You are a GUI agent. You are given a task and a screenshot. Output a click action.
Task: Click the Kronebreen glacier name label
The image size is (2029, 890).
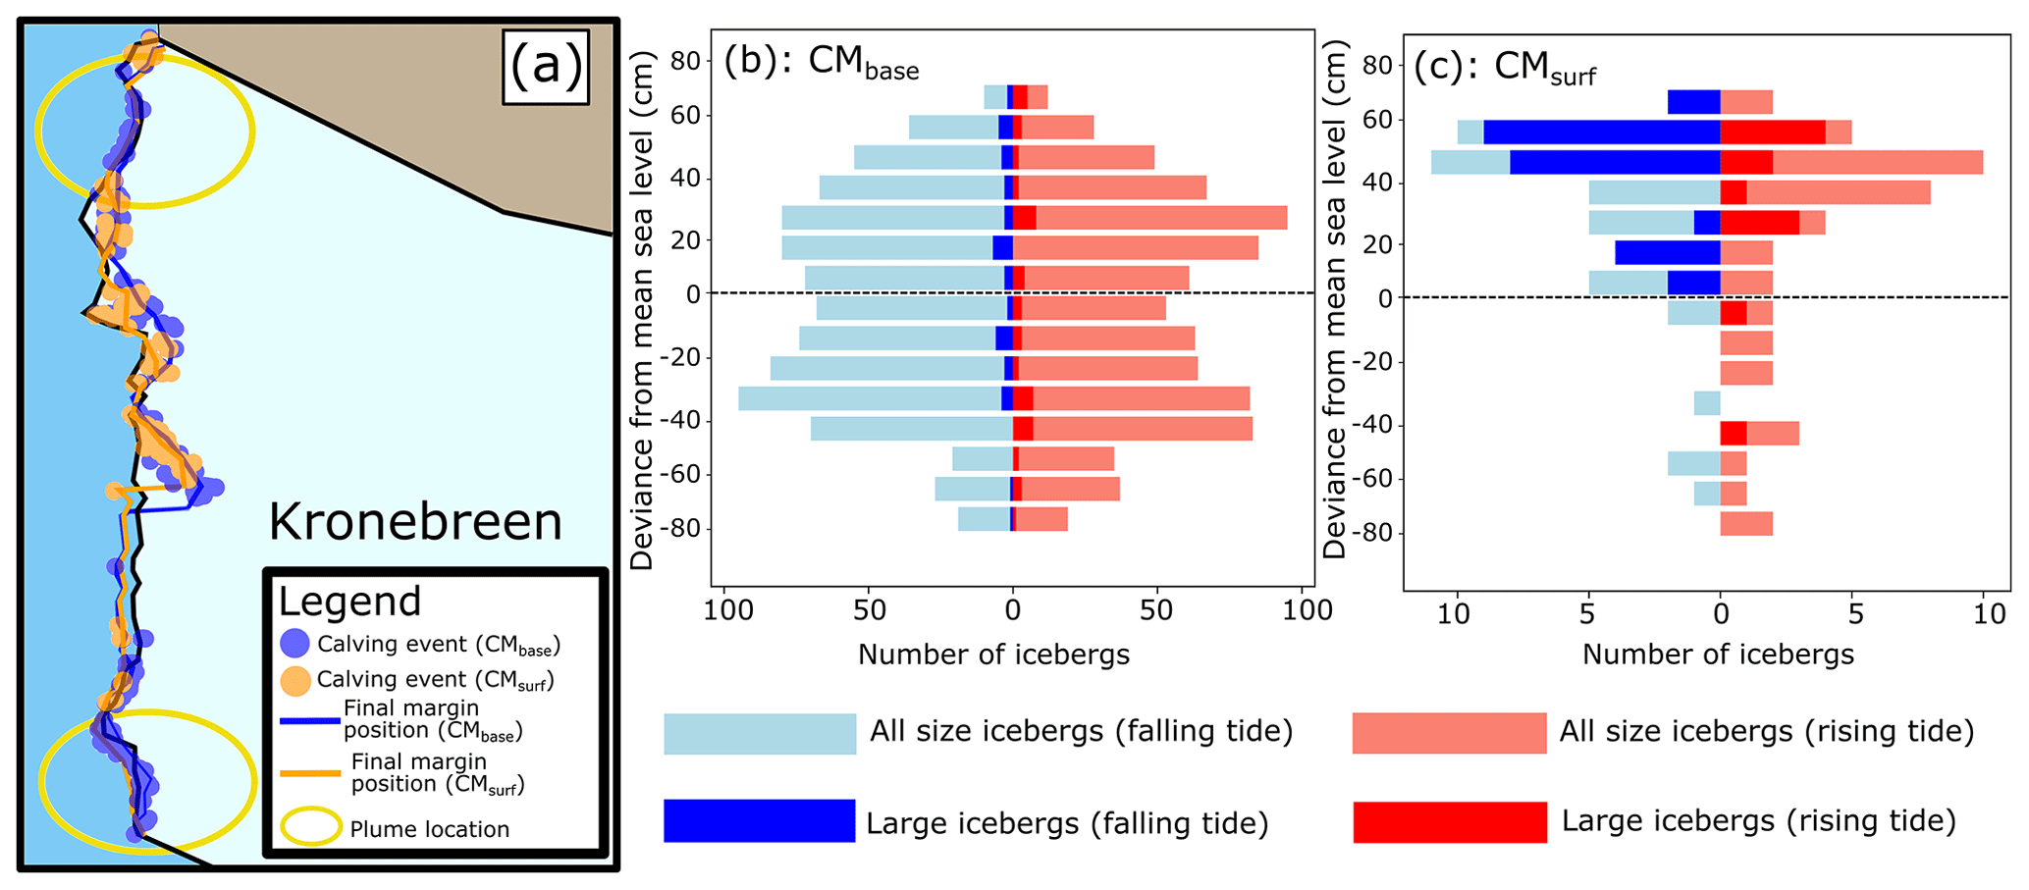415,522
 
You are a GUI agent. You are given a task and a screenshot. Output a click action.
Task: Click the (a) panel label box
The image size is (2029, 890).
546,67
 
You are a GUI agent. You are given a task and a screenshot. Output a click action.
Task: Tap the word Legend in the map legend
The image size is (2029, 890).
349,602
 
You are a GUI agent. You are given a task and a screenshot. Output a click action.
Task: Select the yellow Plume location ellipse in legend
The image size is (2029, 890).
311,827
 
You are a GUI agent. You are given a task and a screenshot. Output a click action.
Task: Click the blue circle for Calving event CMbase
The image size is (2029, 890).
294,644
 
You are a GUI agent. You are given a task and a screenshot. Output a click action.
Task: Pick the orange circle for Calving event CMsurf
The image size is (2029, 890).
294,679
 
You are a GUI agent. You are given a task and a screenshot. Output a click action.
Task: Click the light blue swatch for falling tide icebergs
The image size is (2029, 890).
759,733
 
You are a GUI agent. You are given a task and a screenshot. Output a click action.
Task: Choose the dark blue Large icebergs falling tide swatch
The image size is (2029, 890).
759,820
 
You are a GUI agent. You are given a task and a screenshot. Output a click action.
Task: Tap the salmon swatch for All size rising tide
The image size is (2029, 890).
1449,733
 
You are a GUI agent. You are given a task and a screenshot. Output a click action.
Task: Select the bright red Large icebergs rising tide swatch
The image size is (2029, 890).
1449,821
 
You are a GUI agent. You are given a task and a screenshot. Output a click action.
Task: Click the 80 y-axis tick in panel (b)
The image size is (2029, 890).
686,61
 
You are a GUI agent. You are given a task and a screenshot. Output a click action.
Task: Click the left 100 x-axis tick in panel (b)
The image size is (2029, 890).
728,611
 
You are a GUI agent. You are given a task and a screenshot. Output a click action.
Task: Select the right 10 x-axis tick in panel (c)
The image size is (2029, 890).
1989,614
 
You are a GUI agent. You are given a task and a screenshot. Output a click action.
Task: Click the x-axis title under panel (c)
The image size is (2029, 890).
1718,654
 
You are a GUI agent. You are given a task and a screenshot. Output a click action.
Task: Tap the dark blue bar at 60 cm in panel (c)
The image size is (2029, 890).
1601,131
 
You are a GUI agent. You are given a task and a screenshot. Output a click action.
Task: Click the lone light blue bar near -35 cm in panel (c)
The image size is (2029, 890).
1707,403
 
